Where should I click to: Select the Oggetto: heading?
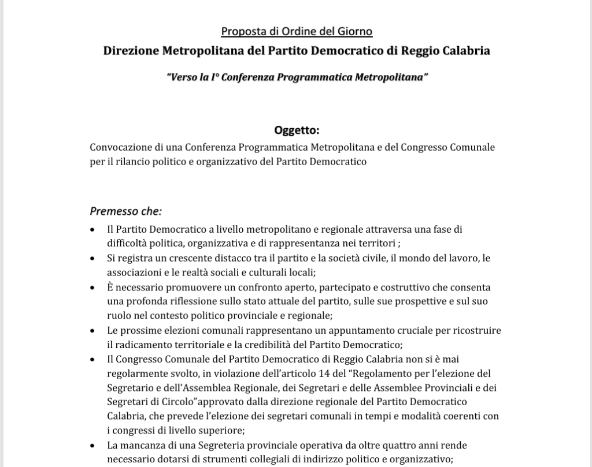click(296, 130)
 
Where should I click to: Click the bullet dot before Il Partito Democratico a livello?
click(93, 229)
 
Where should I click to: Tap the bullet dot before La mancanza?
click(93, 446)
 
